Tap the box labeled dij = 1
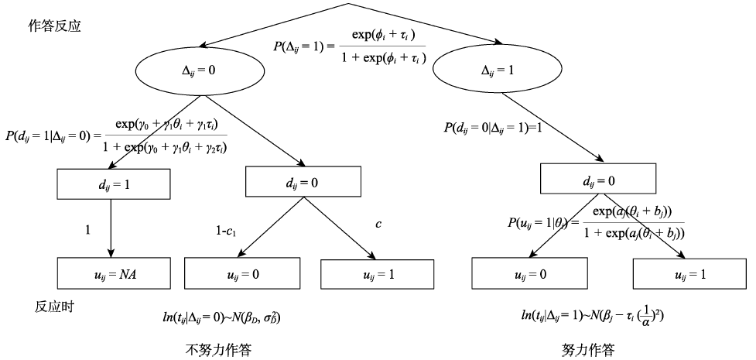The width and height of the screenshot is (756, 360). coord(113,184)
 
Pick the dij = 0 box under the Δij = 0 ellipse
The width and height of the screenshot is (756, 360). coord(302,180)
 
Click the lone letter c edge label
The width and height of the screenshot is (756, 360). coord(378,224)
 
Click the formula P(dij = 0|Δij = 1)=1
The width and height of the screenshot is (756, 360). coord(494,126)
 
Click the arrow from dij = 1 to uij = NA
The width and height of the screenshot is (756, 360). coord(113,228)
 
